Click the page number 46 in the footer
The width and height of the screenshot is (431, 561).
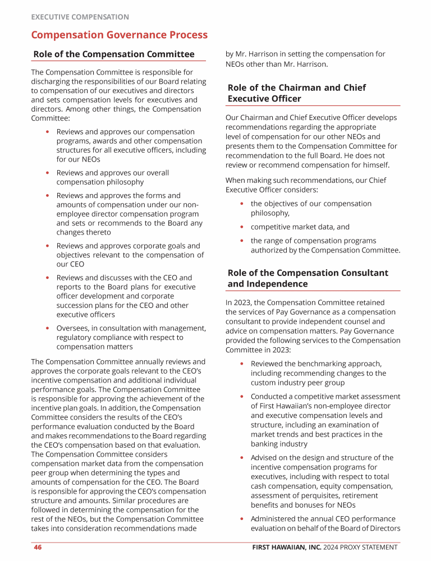click(38, 548)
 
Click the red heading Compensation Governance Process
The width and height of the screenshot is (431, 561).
click(119, 35)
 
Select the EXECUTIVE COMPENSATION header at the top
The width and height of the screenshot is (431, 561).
click(80, 17)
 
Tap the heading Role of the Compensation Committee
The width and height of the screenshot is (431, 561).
click(114, 54)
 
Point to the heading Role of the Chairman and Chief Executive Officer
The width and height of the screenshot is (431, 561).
click(296, 93)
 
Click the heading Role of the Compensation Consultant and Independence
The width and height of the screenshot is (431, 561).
click(308, 278)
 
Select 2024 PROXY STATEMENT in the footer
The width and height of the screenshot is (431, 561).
click(360, 548)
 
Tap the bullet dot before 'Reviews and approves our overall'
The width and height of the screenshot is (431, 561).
click(48, 173)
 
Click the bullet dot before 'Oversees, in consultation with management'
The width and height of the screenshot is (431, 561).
click(48, 328)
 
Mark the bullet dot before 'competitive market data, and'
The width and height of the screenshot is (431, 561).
click(242, 227)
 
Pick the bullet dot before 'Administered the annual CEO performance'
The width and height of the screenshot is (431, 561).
click(242, 519)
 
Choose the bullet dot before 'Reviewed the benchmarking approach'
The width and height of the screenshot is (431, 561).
click(242, 364)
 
